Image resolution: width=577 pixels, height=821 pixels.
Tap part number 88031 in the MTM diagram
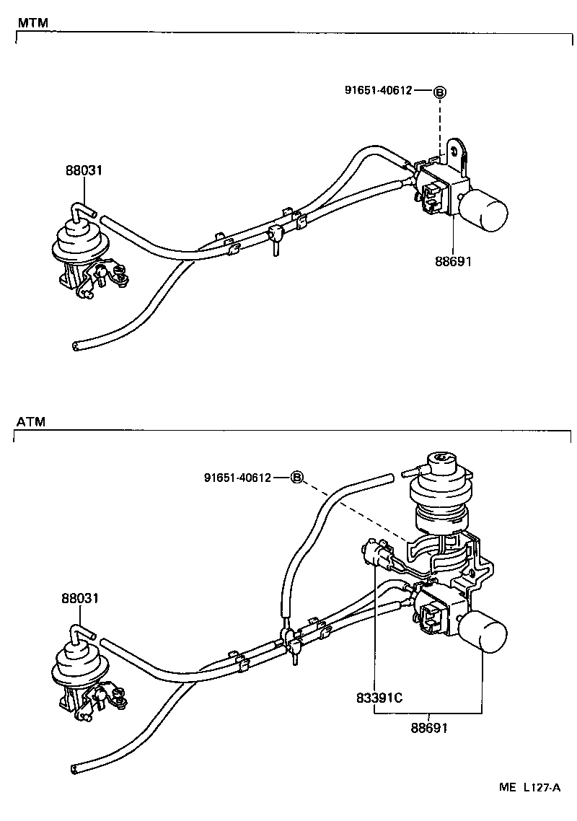click(82, 171)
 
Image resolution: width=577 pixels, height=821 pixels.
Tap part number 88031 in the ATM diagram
click(80, 598)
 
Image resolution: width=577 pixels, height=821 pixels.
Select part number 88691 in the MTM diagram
click(453, 261)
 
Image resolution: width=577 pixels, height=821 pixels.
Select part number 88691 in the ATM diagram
click(430, 728)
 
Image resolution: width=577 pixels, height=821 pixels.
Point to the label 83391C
click(379, 698)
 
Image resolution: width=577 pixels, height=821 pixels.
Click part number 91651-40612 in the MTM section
click(378, 90)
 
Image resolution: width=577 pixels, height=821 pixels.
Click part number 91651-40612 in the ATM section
click(237, 478)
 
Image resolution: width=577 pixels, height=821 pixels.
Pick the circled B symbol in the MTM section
click(440, 92)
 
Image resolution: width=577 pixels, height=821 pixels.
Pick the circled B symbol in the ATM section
click(298, 478)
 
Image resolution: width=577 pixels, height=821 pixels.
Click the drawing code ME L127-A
click(529, 787)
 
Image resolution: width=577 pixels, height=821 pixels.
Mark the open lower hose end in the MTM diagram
click(76, 346)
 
